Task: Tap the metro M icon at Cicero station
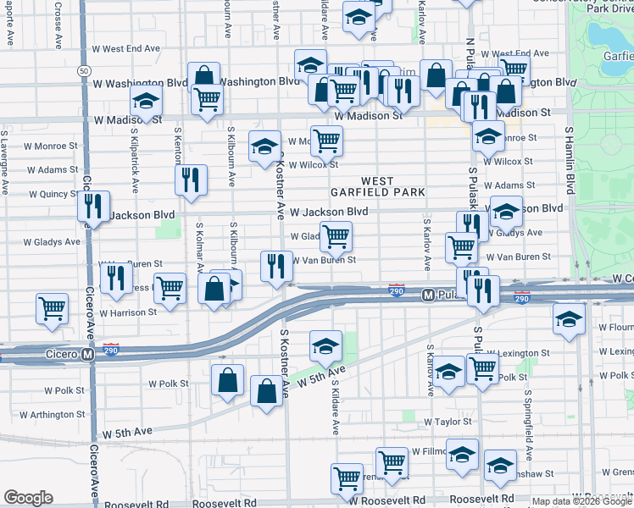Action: (88, 354)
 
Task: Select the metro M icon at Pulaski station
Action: (428, 295)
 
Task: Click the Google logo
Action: (29, 498)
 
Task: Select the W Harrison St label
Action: (128, 312)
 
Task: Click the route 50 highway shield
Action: (82, 70)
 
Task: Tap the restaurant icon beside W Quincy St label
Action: (93, 206)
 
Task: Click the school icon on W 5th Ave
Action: (325, 345)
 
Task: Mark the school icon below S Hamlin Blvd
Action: (569, 318)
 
